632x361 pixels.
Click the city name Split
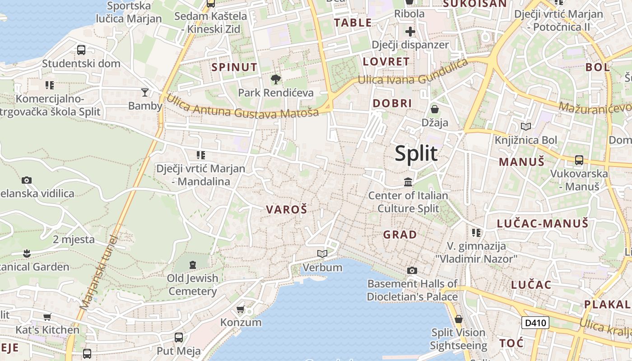[416, 154]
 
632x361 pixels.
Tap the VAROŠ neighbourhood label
[287, 209]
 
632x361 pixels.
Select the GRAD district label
[400, 235]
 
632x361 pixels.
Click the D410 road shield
[535, 323]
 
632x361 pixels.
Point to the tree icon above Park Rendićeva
[275, 80]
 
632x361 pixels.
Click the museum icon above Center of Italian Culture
[408, 182]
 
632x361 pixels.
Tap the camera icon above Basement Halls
[412, 270]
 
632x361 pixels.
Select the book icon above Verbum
[322, 254]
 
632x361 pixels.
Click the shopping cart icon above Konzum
[240, 310]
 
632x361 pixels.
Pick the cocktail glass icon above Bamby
[144, 93]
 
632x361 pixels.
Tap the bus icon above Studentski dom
[81, 50]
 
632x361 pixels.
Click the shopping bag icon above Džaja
[434, 109]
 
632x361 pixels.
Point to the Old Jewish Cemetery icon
[193, 264]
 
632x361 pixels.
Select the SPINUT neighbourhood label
[235, 67]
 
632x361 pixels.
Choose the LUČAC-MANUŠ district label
[543, 223]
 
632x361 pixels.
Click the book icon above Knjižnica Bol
[525, 127]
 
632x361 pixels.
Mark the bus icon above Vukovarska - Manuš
[579, 160]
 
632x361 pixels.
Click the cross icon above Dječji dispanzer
[410, 32]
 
